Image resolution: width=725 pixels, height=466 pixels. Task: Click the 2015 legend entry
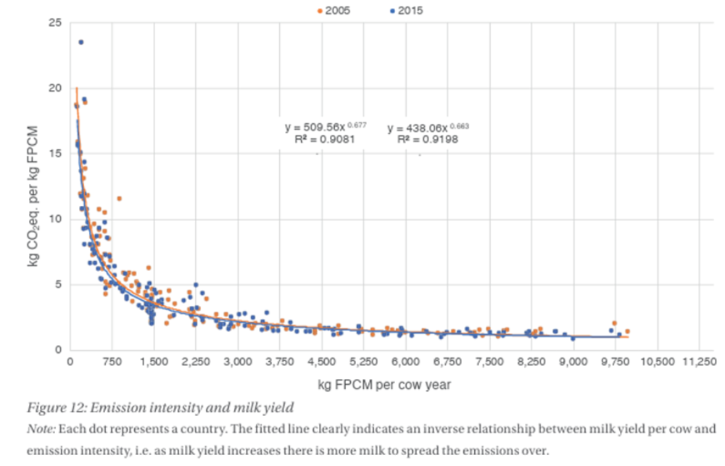coord(405,11)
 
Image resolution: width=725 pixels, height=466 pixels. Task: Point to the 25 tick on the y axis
coord(54,22)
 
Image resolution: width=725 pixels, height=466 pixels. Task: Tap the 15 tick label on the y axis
coord(54,153)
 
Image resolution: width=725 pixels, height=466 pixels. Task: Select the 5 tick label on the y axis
coord(57,284)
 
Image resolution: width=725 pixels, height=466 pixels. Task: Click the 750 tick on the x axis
coord(112,362)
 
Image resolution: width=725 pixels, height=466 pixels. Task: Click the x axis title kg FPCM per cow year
coord(384,385)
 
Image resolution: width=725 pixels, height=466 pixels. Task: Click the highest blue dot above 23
coord(81,42)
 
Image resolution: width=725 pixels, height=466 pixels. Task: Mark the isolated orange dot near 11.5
coord(119,199)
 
